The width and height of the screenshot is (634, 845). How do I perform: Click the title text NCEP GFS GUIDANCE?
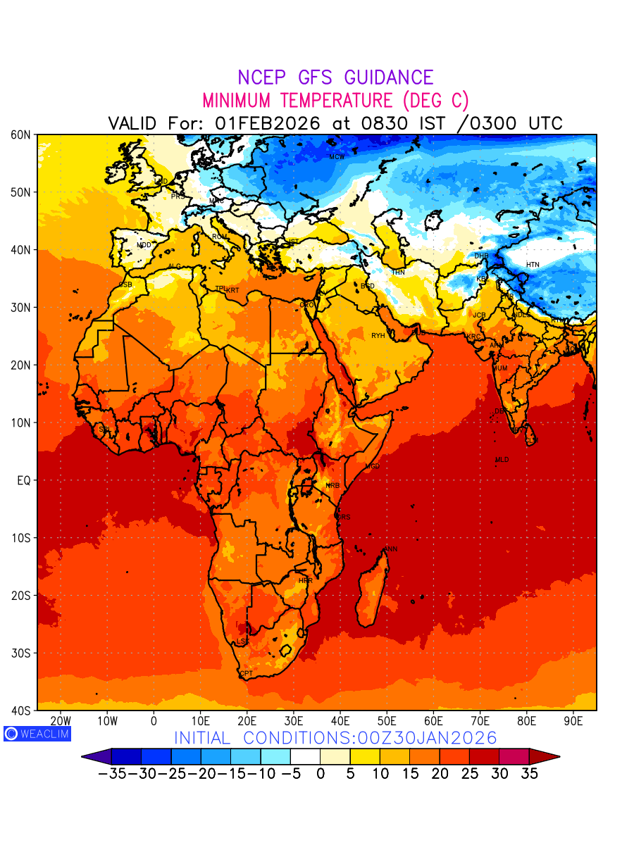pyautogui.click(x=335, y=78)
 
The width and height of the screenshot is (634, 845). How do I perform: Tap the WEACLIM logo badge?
pyautogui.click(x=37, y=734)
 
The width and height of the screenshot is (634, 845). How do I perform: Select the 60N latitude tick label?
pyautogui.click(x=20, y=134)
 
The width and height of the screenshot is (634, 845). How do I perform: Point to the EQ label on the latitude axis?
pyautogui.click(x=23, y=480)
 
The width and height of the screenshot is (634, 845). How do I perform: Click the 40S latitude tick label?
pyautogui.click(x=20, y=711)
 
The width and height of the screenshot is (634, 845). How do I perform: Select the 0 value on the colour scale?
pyautogui.click(x=321, y=774)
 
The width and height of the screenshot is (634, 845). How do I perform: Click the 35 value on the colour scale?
pyautogui.click(x=529, y=774)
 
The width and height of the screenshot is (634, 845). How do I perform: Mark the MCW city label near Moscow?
pyautogui.click(x=337, y=157)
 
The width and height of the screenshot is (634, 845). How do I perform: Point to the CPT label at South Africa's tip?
pyautogui.click(x=246, y=674)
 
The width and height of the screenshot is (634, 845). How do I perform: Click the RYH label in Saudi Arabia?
pyautogui.click(x=378, y=336)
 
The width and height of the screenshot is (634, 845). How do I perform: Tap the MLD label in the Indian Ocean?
pyautogui.click(x=502, y=460)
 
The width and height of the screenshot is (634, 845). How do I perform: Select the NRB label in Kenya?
pyautogui.click(x=332, y=486)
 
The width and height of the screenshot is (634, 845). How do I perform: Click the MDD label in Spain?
pyautogui.click(x=144, y=245)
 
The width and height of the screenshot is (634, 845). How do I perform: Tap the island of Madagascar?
pyautogui.click(x=372, y=588)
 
